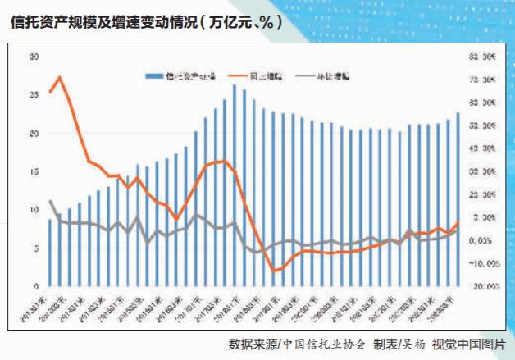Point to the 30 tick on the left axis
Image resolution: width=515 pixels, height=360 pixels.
click(x=34, y=57)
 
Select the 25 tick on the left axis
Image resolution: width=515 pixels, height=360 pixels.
click(x=34, y=95)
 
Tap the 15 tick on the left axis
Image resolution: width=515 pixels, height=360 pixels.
click(x=34, y=171)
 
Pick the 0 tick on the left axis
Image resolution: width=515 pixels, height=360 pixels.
click(x=35, y=286)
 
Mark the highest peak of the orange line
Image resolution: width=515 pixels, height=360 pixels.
click(x=59, y=77)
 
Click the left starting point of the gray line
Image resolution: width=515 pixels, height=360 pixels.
click(x=50, y=201)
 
